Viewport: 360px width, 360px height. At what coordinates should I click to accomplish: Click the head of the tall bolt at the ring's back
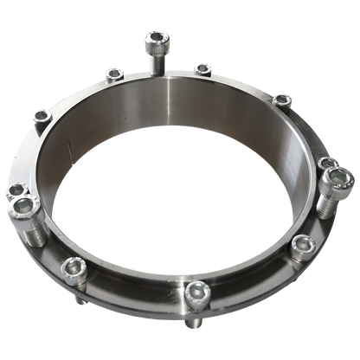[x=156, y=38]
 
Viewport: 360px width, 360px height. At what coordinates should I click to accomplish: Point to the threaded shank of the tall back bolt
[x=157, y=59]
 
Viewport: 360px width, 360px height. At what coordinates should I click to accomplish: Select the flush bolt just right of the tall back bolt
[x=202, y=67]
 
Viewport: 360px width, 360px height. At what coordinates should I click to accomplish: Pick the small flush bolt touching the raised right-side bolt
[x=325, y=164]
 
